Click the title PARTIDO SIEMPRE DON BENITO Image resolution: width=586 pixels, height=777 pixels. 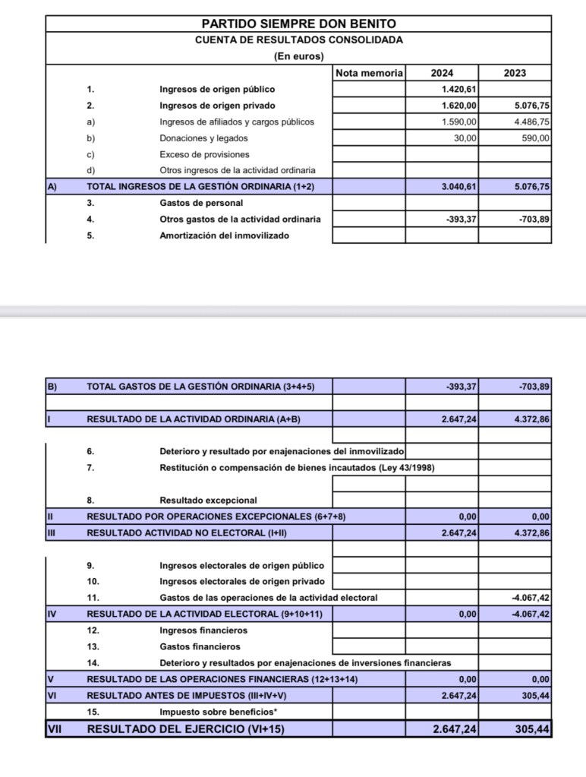(298, 24)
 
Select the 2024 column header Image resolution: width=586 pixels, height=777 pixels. (442, 73)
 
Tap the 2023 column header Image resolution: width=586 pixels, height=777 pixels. (515, 73)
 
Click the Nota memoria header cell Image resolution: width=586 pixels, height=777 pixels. (369, 73)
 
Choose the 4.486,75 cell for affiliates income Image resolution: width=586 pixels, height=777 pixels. (531, 122)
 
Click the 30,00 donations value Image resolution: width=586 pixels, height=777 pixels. (465, 138)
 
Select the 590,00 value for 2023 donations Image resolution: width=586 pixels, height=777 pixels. (534, 138)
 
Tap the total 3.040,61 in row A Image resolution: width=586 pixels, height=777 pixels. (458, 186)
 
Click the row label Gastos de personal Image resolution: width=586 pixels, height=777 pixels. (201, 203)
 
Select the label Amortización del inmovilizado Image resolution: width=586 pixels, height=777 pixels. (224, 235)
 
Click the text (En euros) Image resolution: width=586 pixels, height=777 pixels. (298, 56)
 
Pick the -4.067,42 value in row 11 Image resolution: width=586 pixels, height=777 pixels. (531, 598)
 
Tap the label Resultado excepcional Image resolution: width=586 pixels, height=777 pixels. (208, 501)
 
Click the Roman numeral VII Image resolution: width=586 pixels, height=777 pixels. (55, 729)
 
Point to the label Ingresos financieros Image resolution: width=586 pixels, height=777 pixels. (203, 630)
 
